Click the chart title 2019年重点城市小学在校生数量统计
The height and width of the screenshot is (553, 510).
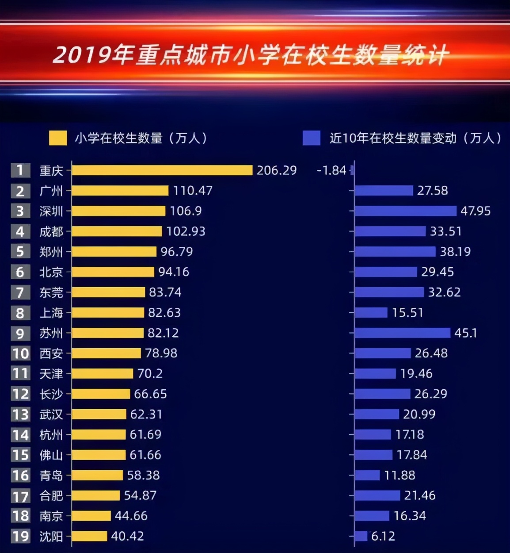pyautogui.click(x=251, y=55)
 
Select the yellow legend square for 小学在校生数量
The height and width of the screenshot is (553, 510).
pyautogui.click(x=58, y=138)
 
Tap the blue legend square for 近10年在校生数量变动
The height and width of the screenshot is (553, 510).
pyautogui.click(x=311, y=138)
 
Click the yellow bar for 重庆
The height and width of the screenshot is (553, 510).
pyautogui.click(x=162, y=170)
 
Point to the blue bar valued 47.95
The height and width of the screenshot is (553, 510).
pyautogui.click(x=405, y=211)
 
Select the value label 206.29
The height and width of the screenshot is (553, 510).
pyautogui.click(x=277, y=170)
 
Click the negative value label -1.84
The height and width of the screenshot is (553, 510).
pyautogui.click(x=331, y=170)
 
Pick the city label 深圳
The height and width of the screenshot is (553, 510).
pyautogui.click(x=51, y=211)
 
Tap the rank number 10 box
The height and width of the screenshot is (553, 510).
pyautogui.click(x=20, y=353)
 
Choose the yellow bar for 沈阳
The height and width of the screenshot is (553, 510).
pyautogui.click(x=89, y=536)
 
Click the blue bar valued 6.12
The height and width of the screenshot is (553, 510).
pyautogui.click(x=361, y=536)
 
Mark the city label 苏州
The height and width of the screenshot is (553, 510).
pyautogui.click(x=51, y=333)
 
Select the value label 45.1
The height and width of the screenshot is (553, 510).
pyautogui.click(x=466, y=333)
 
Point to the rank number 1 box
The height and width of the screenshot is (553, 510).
pyautogui.click(x=20, y=170)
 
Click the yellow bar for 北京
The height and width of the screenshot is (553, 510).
pyautogui.click(x=113, y=272)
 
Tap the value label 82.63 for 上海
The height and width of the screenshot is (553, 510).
pyautogui.click(x=164, y=313)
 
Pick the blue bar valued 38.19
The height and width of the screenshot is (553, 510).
pyautogui.click(x=395, y=252)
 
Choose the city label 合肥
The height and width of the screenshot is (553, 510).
pyautogui.click(x=51, y=495)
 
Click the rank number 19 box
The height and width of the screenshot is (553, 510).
pyautogui.click(x=20, y=536)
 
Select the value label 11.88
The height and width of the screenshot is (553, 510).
pyautogui.click(x=400, y=475)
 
